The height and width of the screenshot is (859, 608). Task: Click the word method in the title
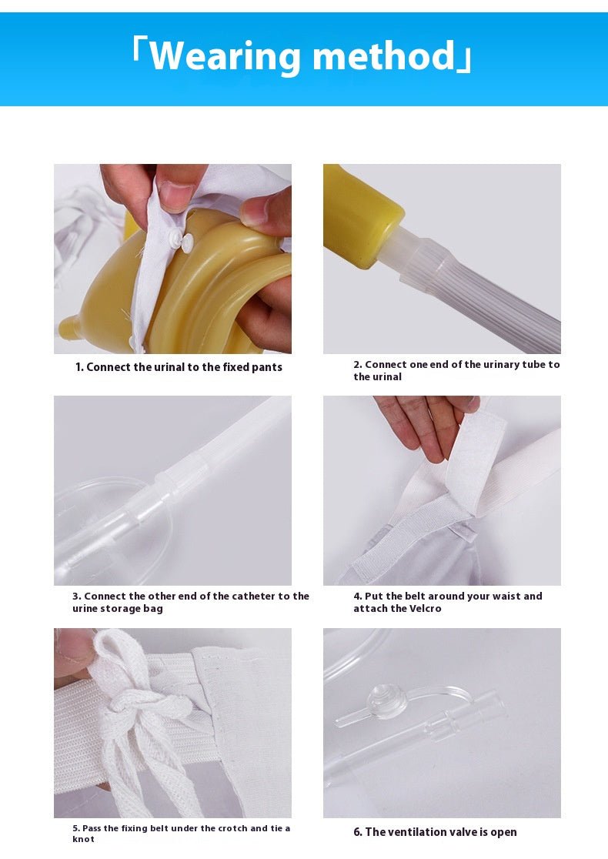click(x=384, y=55)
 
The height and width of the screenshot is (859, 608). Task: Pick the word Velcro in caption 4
click(x=425, y=609)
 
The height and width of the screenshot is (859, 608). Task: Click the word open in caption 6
click(x=504, y=833)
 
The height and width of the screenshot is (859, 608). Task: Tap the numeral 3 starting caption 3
click(x=75, y=596)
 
